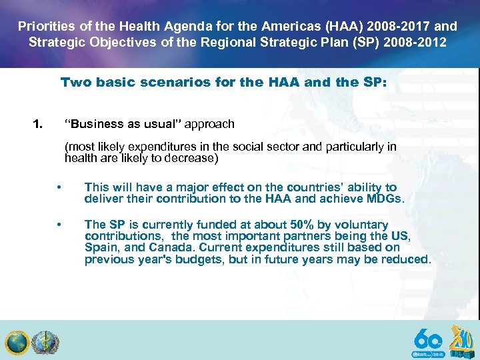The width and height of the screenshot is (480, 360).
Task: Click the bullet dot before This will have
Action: click(59, 187)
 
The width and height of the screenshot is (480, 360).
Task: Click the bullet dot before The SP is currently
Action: click(59, 225)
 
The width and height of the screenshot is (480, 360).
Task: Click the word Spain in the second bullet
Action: click(99, 247)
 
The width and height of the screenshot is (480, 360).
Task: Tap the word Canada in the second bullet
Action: click(160, 247)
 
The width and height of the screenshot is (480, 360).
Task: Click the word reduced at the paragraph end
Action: click(406, 259)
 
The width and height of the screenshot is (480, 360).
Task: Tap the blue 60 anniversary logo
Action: click(427, 341)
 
